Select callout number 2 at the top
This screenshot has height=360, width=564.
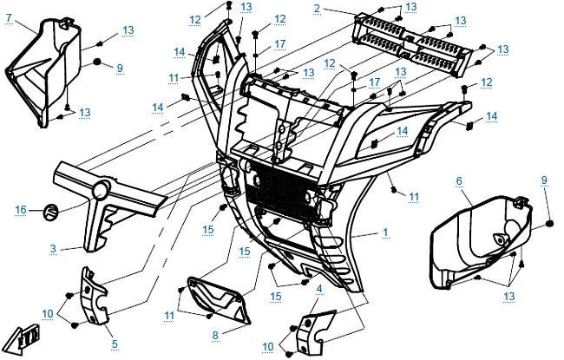pyautogui.click(x=318, y=8)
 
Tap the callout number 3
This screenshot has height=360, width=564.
pyautogui.click(x=54, y=249)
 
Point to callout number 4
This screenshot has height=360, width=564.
pyautogui.click(x=319, y=288)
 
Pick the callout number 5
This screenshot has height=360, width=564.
pyautogui.click(x=115, y=344)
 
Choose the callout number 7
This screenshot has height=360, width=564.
pyautogui.click(x=8, y=17)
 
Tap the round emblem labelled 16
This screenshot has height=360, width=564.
pyautogui.click(x=50, y=209)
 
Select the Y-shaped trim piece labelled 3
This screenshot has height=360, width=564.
pyautogui.click(x=104, y=208)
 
